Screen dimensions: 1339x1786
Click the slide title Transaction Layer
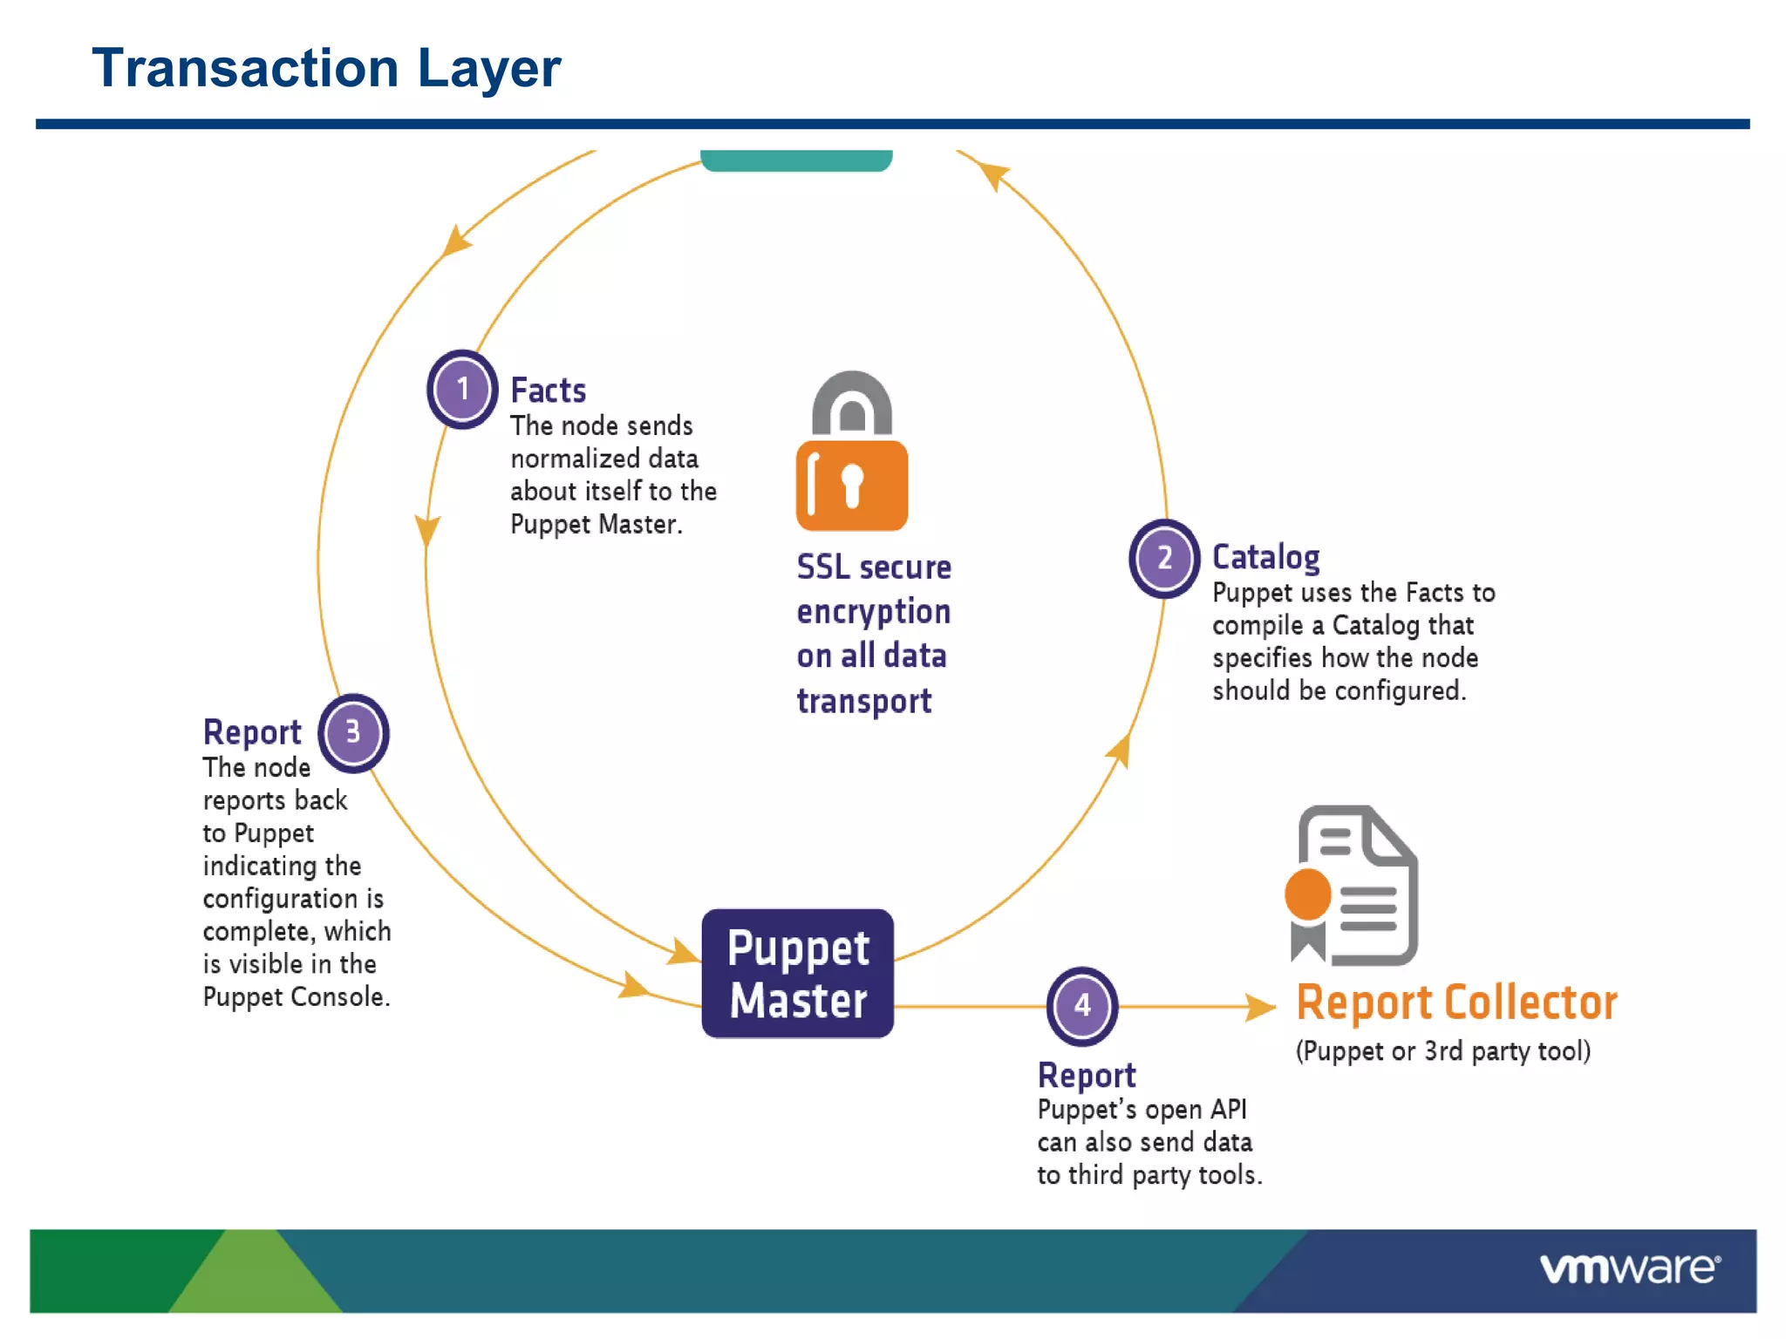[326, 68]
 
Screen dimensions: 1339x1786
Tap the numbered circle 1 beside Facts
[462, 389]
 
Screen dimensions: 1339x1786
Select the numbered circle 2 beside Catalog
[1164, 558]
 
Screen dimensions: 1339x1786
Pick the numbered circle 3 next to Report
[352, 732]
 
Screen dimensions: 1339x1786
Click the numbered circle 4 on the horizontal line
[1081, 1005]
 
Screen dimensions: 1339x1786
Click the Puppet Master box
[797, 973]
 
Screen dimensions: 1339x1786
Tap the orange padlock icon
[851, 453]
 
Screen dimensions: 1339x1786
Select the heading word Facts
[548, 391]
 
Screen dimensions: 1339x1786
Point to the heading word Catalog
[1265, 557]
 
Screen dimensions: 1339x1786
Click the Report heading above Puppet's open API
[1087, 1075]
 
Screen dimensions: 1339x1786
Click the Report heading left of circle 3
[252, 732]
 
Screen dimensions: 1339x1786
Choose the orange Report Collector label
[1455, 1003]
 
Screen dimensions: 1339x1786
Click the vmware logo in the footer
[1629, 1268]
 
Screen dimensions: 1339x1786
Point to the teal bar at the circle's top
[795, 160]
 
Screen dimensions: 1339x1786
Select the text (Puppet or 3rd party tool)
[1442, 1051]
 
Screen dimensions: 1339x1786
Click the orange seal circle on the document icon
[1307, 894]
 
